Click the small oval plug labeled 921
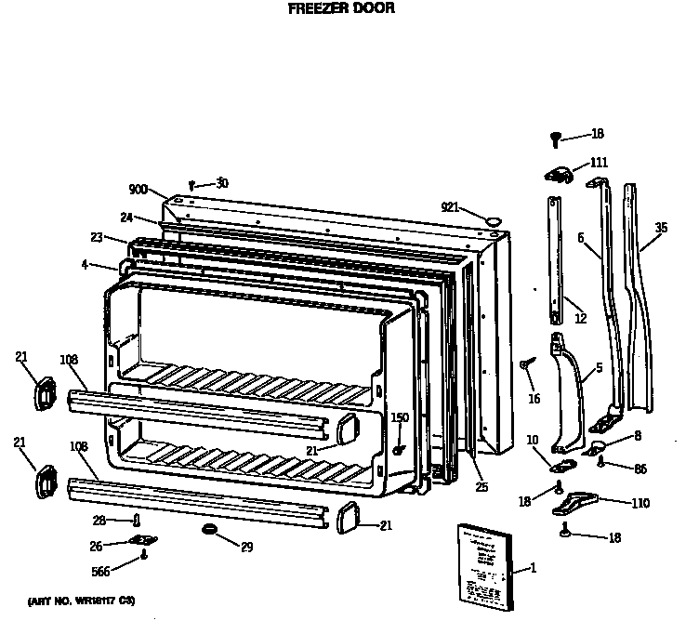[492, 219]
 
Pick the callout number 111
[599, 162]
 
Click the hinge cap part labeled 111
[559, 172]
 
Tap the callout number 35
[661, 227]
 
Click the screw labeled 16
[527, 363]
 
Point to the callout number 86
[640, 468]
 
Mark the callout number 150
[399, 417]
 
